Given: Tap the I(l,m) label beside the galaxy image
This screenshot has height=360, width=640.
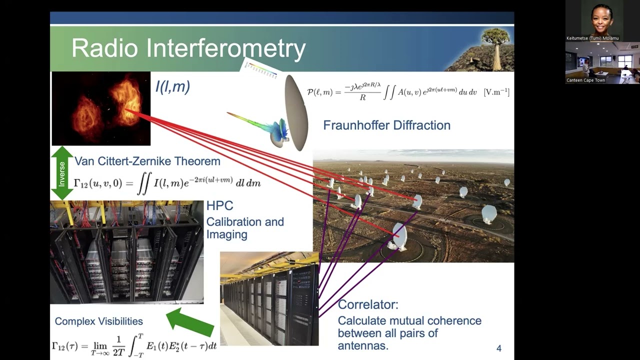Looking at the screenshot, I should coord(172,87).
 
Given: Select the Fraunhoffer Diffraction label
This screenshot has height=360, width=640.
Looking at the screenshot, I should coord(386,125).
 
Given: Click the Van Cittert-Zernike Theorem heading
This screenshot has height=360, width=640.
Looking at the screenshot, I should coord(147,161).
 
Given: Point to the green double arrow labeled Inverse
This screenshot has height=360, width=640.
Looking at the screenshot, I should coord(62,173).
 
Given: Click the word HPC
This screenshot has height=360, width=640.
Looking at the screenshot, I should coord(219,205).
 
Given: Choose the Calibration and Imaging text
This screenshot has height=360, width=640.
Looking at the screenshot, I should coord(244,228).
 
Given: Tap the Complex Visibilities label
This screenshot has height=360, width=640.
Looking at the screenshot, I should coord(98,321).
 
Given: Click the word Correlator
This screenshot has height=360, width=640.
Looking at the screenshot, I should coord(368,304).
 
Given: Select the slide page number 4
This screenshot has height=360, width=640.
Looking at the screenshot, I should coord(498,348).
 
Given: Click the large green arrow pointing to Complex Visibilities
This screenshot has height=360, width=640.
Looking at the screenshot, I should coord(189,322).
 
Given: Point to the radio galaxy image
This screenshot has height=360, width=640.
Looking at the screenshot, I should coord(101,108).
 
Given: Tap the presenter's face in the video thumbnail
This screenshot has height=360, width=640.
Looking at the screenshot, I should coord(601,16).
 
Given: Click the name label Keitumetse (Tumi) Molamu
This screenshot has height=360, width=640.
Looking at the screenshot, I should coord(592,38).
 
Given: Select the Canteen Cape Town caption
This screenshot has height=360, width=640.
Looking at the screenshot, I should coord(585,80).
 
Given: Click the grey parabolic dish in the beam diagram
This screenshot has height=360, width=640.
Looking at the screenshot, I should coord(296,113).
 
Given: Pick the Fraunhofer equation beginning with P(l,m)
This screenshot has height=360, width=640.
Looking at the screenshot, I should coord(407,92).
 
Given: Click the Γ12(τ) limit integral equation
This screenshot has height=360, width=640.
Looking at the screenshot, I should coord(134,345).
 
